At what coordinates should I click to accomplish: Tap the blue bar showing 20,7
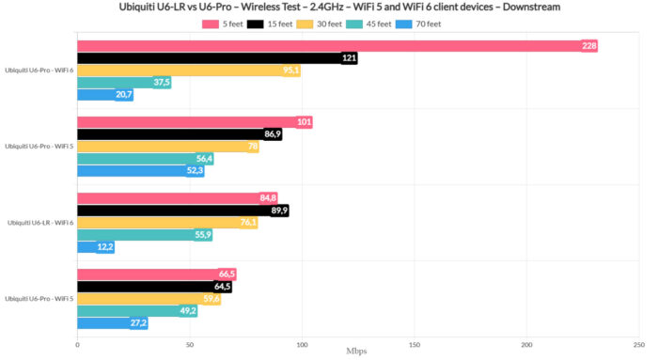103,95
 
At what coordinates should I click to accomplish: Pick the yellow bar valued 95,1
188,70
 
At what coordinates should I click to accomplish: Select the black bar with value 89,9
179,211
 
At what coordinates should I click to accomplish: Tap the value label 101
304,122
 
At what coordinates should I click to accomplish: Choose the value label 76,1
249,223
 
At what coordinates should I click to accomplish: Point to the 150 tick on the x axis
415,344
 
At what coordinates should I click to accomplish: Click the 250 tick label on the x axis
639,344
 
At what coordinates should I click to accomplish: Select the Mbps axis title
358,352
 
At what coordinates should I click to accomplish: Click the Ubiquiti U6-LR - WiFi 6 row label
39,223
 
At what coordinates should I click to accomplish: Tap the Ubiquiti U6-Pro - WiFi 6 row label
39,70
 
